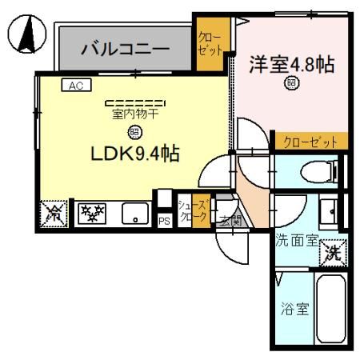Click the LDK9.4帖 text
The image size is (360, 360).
pyautogui.click(x=134, y=153)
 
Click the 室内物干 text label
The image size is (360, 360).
pyautogui.click(x=134, y=114)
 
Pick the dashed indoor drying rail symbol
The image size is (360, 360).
pyautogui.click(x=134, y=102)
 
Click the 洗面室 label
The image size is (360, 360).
pyautogui.click(x=295, y=239)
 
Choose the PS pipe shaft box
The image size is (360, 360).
pyautogui.click(x=164, y=220)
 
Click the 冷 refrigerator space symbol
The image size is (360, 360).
pyautogui.click(x=53, y=214)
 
